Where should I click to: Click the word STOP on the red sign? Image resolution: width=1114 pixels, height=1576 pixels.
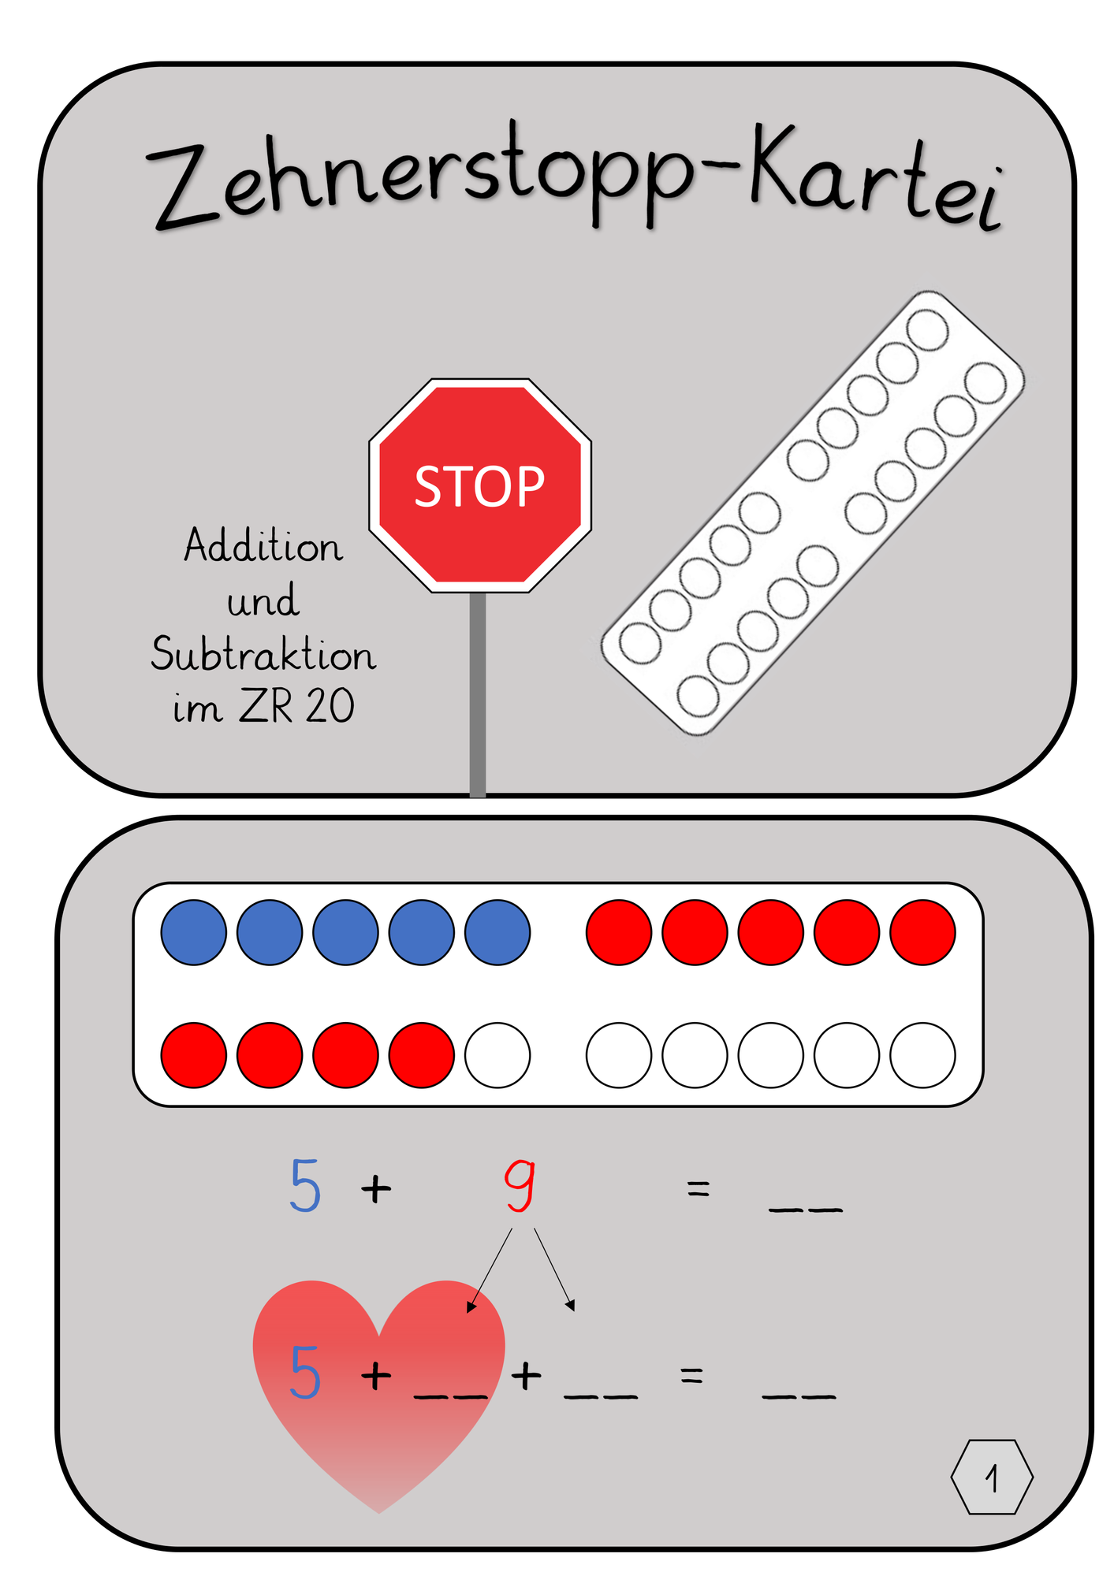point(479,486)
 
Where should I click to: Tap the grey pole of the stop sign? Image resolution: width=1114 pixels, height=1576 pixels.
point(478,694)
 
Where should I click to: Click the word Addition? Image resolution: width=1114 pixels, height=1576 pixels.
point(263,546)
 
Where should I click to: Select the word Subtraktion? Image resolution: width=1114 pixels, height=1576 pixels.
point(263,653)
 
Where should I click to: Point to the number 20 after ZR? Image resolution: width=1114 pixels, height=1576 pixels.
point(330,706)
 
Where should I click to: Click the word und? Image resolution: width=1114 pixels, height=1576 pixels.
point(263,600)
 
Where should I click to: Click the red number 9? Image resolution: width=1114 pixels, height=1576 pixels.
point(520,1185)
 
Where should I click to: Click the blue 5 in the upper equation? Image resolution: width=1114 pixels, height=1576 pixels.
point(305,1185)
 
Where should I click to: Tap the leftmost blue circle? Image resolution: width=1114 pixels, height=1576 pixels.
point(194,932)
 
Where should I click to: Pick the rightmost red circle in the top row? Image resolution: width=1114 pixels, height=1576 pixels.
point(922,932)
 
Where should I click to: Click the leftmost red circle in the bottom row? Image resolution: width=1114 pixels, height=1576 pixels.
point(194,1055)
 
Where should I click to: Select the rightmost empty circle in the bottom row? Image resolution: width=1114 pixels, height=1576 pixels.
point(922,1055)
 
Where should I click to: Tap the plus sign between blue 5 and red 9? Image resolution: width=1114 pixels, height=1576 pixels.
point(376,1188)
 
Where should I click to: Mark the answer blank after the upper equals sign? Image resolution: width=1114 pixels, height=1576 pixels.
point(806,1209)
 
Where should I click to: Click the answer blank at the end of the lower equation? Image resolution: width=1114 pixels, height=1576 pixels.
point(799,1396)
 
